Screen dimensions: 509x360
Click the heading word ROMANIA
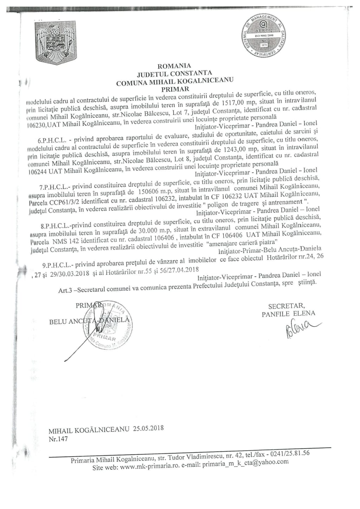click(174, 66)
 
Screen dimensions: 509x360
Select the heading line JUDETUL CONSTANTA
click(174, 73)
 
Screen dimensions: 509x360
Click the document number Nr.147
click(58, 439)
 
